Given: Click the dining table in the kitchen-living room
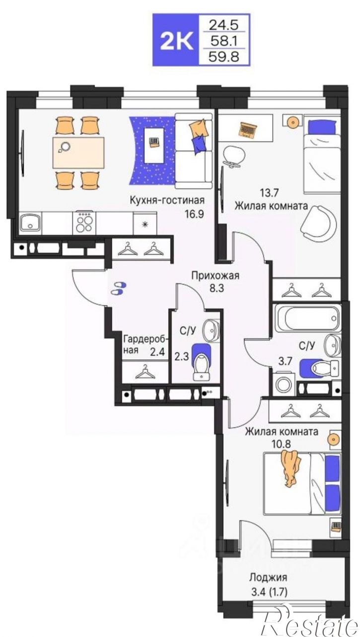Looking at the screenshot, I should [78, 153].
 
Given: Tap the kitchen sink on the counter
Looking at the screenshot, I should [30, 223].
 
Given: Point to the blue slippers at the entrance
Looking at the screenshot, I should [119, 288].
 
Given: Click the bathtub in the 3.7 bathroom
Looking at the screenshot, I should [306, 318].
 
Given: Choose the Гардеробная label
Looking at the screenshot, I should [145, 344].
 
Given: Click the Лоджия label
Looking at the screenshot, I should [268, 577].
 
